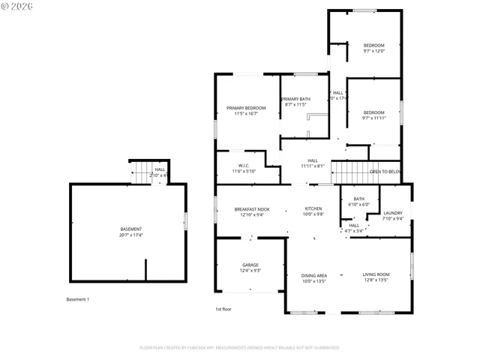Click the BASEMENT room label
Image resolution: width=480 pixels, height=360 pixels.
click(x=131, y=229)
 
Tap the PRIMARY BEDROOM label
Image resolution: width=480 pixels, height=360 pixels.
click(x=246, y=108)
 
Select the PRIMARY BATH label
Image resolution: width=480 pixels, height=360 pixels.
click(x=295, y=99)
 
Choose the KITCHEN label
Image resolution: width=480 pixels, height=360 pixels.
click(x=313, y=209)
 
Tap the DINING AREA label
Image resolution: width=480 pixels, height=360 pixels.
click(x=313, y=275)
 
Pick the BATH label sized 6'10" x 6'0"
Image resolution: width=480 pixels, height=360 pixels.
click(x=352, y=199)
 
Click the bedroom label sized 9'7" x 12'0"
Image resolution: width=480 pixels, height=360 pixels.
click(x=373, y=46)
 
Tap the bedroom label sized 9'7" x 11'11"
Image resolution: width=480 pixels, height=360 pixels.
click(x=373, y=112)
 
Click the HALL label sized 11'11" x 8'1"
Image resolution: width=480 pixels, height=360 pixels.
click(x=313, y=160)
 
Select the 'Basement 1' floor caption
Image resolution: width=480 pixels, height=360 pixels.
click(x=78, y=299)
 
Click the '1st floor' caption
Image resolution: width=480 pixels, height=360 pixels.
click(x=224, y=308)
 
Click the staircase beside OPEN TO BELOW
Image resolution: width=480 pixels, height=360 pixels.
click(x=351, y=172)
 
